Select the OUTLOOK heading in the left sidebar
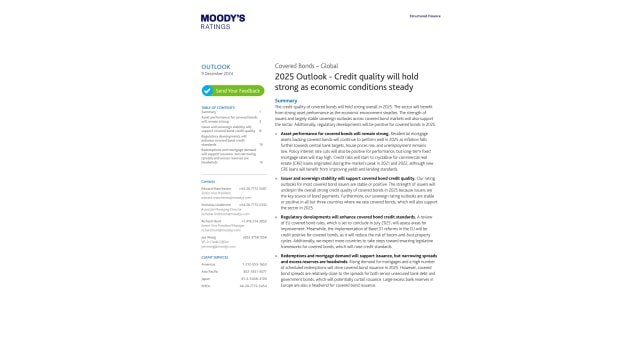pyautogui.click(x=215, y=67)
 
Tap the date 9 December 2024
pyautogui.click(x=217, y=74)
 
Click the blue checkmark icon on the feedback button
pyautogui.click(x=207, y=90)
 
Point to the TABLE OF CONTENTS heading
pyautogui.click(x=218, y=106)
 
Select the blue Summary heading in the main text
pyautogui.click(x=286, y=100)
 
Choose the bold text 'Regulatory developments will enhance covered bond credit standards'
pyautogui.click(x=345, y=214)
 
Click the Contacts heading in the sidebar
pyautogui.click(x=208, y=154)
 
